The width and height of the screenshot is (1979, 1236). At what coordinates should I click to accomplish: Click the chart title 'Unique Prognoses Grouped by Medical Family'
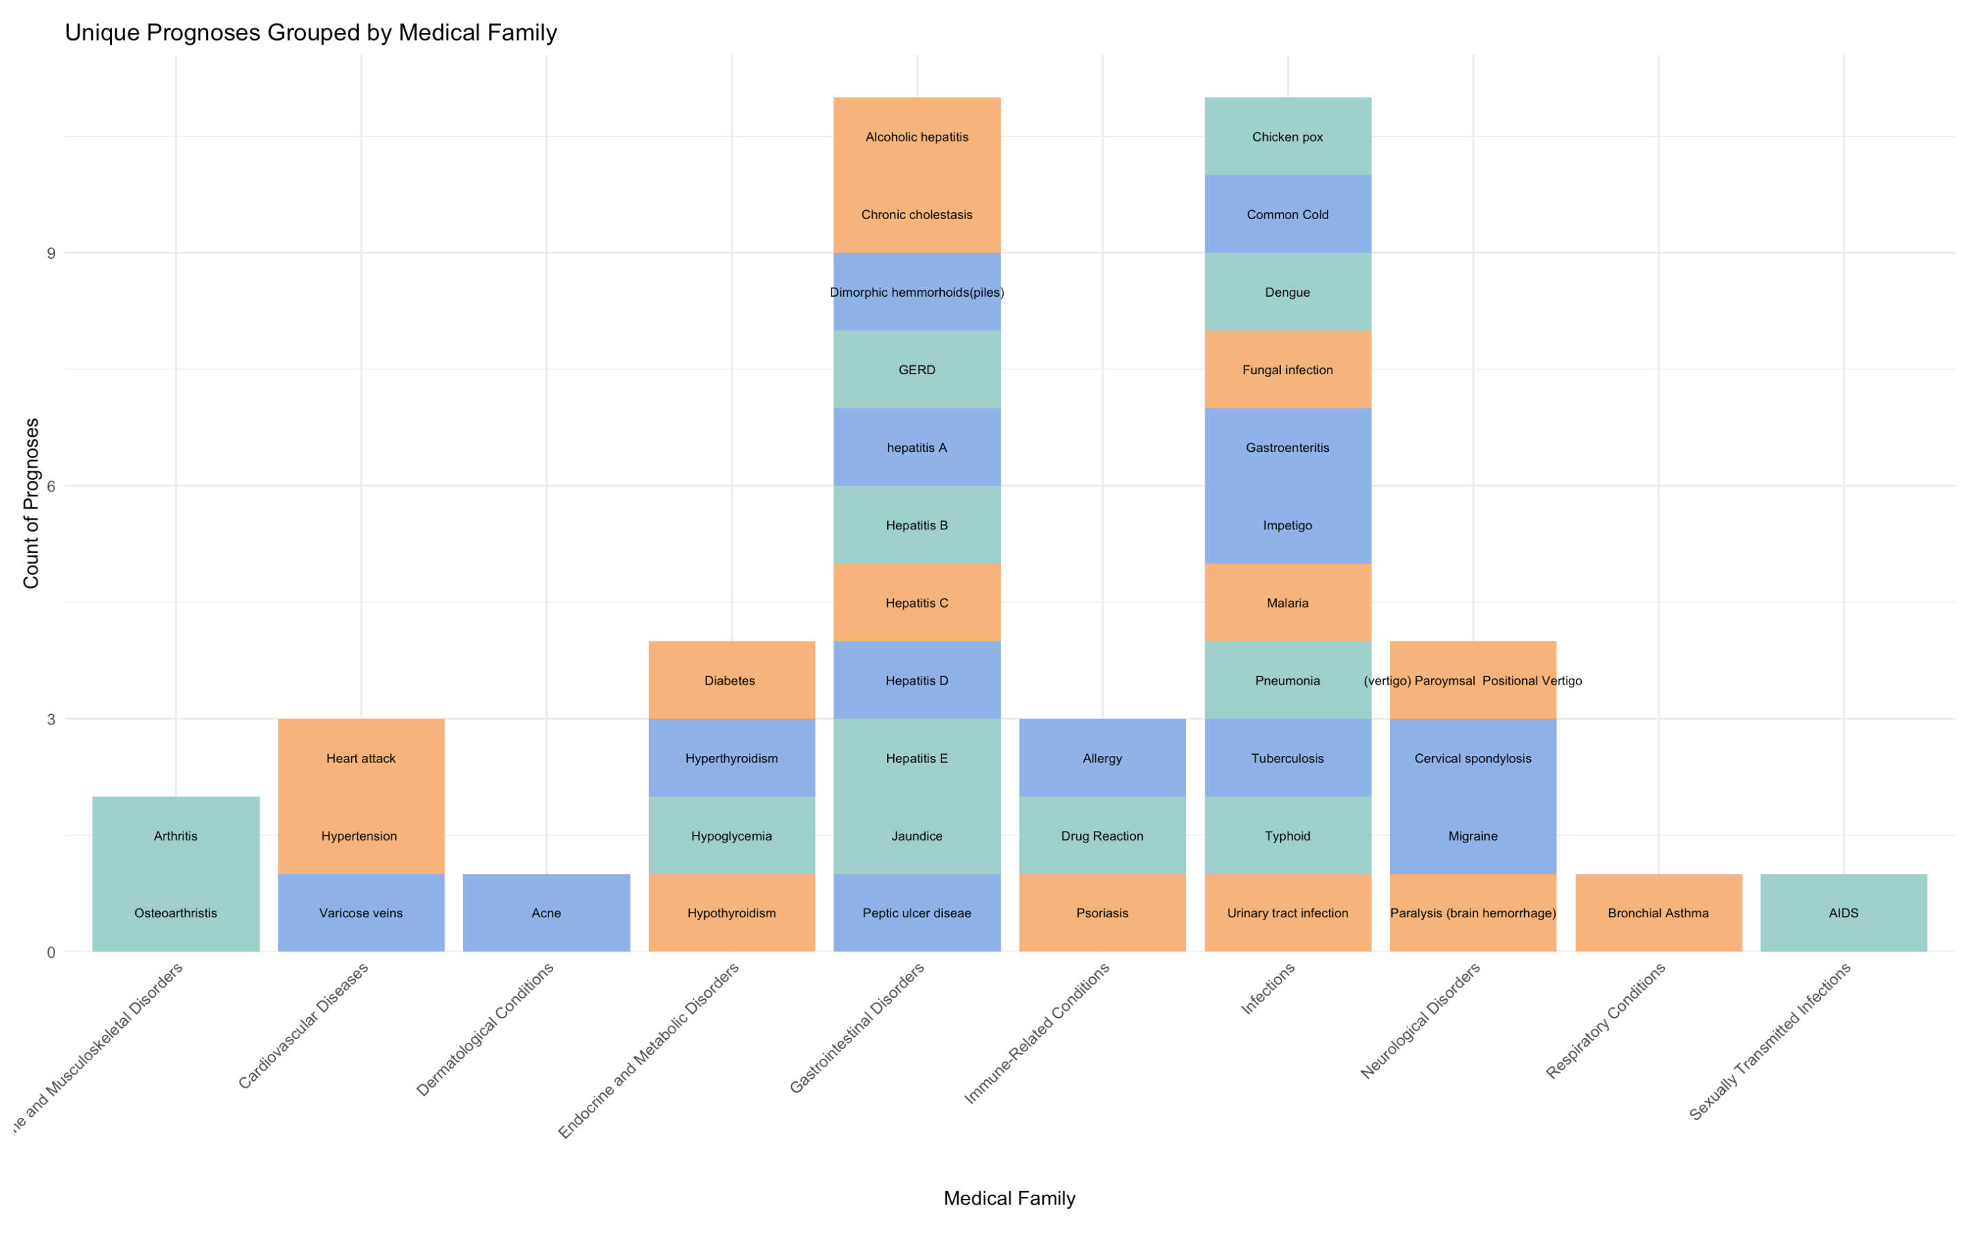311,33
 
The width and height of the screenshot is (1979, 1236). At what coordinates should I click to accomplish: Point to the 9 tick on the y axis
51,253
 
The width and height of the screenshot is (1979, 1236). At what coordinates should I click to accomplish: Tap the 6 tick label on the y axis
51,486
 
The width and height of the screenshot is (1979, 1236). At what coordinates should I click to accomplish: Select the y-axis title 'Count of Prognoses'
31,503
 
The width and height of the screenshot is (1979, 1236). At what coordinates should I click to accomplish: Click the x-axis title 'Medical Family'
1009,1198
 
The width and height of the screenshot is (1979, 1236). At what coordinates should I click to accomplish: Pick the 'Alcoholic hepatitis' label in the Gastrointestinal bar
917,137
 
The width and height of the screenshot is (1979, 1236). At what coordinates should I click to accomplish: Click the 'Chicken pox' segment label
1287,137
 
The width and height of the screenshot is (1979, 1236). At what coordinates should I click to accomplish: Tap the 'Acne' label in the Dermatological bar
546,913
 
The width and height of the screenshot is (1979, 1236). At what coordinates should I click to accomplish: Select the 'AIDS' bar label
1843,913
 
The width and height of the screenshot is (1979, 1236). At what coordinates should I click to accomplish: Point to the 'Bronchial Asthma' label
1657,913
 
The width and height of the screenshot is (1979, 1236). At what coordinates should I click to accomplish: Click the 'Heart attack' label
361,759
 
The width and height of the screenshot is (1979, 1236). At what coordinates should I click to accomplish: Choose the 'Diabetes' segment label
730,681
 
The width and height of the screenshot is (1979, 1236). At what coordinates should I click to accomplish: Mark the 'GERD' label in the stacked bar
917,370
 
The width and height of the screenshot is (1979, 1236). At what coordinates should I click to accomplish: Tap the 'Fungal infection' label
1287,370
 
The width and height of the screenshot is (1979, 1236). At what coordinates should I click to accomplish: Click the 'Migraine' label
1473,836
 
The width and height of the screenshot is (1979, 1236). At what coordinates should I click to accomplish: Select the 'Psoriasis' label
1102,913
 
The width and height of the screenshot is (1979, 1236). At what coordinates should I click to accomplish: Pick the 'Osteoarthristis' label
176,913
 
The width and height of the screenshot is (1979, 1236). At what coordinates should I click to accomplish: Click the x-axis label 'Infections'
1268,989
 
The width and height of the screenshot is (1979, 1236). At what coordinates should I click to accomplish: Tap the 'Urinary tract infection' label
1287,913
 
